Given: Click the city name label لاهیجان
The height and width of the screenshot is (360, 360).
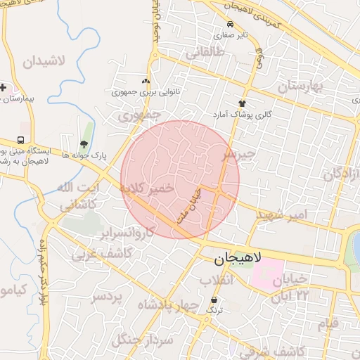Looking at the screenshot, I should pyautogui.click(x=236, y=259).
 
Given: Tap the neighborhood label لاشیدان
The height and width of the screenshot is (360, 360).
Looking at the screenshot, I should pyautogui.click(x=43, y=61).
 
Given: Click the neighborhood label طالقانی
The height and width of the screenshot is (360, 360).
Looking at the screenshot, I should pyautogui.click(x=205, y=52).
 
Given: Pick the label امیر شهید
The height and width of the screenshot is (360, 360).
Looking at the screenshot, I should pyautogui.click(x=282, y=213).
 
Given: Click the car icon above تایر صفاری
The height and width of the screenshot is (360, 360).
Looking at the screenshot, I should pyautogui.click(x=231, y=23).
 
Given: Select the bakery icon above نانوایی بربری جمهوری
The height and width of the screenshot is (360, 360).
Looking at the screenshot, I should pyautogui.click(x=146, y=82).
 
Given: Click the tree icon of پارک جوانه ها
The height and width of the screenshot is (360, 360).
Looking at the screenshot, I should pyautogui.click(x=84, y=144).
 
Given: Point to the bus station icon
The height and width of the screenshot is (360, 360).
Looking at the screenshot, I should pyautogui.click(x=21, y=140).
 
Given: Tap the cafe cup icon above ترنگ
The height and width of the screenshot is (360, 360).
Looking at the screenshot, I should pyautogui.click(x=214, y=298).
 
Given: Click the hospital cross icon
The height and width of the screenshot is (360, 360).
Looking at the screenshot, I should pyautogui.click(x=4, y=88).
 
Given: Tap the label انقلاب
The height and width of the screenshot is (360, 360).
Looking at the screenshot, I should pyautogui.click(x=216, y=281).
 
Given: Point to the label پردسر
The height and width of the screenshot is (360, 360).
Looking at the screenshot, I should pyautogui.click(x=107, y=297).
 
